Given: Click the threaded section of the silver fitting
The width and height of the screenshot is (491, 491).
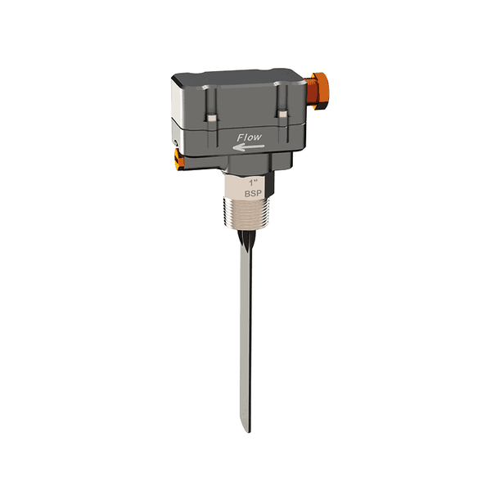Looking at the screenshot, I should click(x=251, y=215).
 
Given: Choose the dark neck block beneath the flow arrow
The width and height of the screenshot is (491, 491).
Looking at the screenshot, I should click(x=250, y=164).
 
